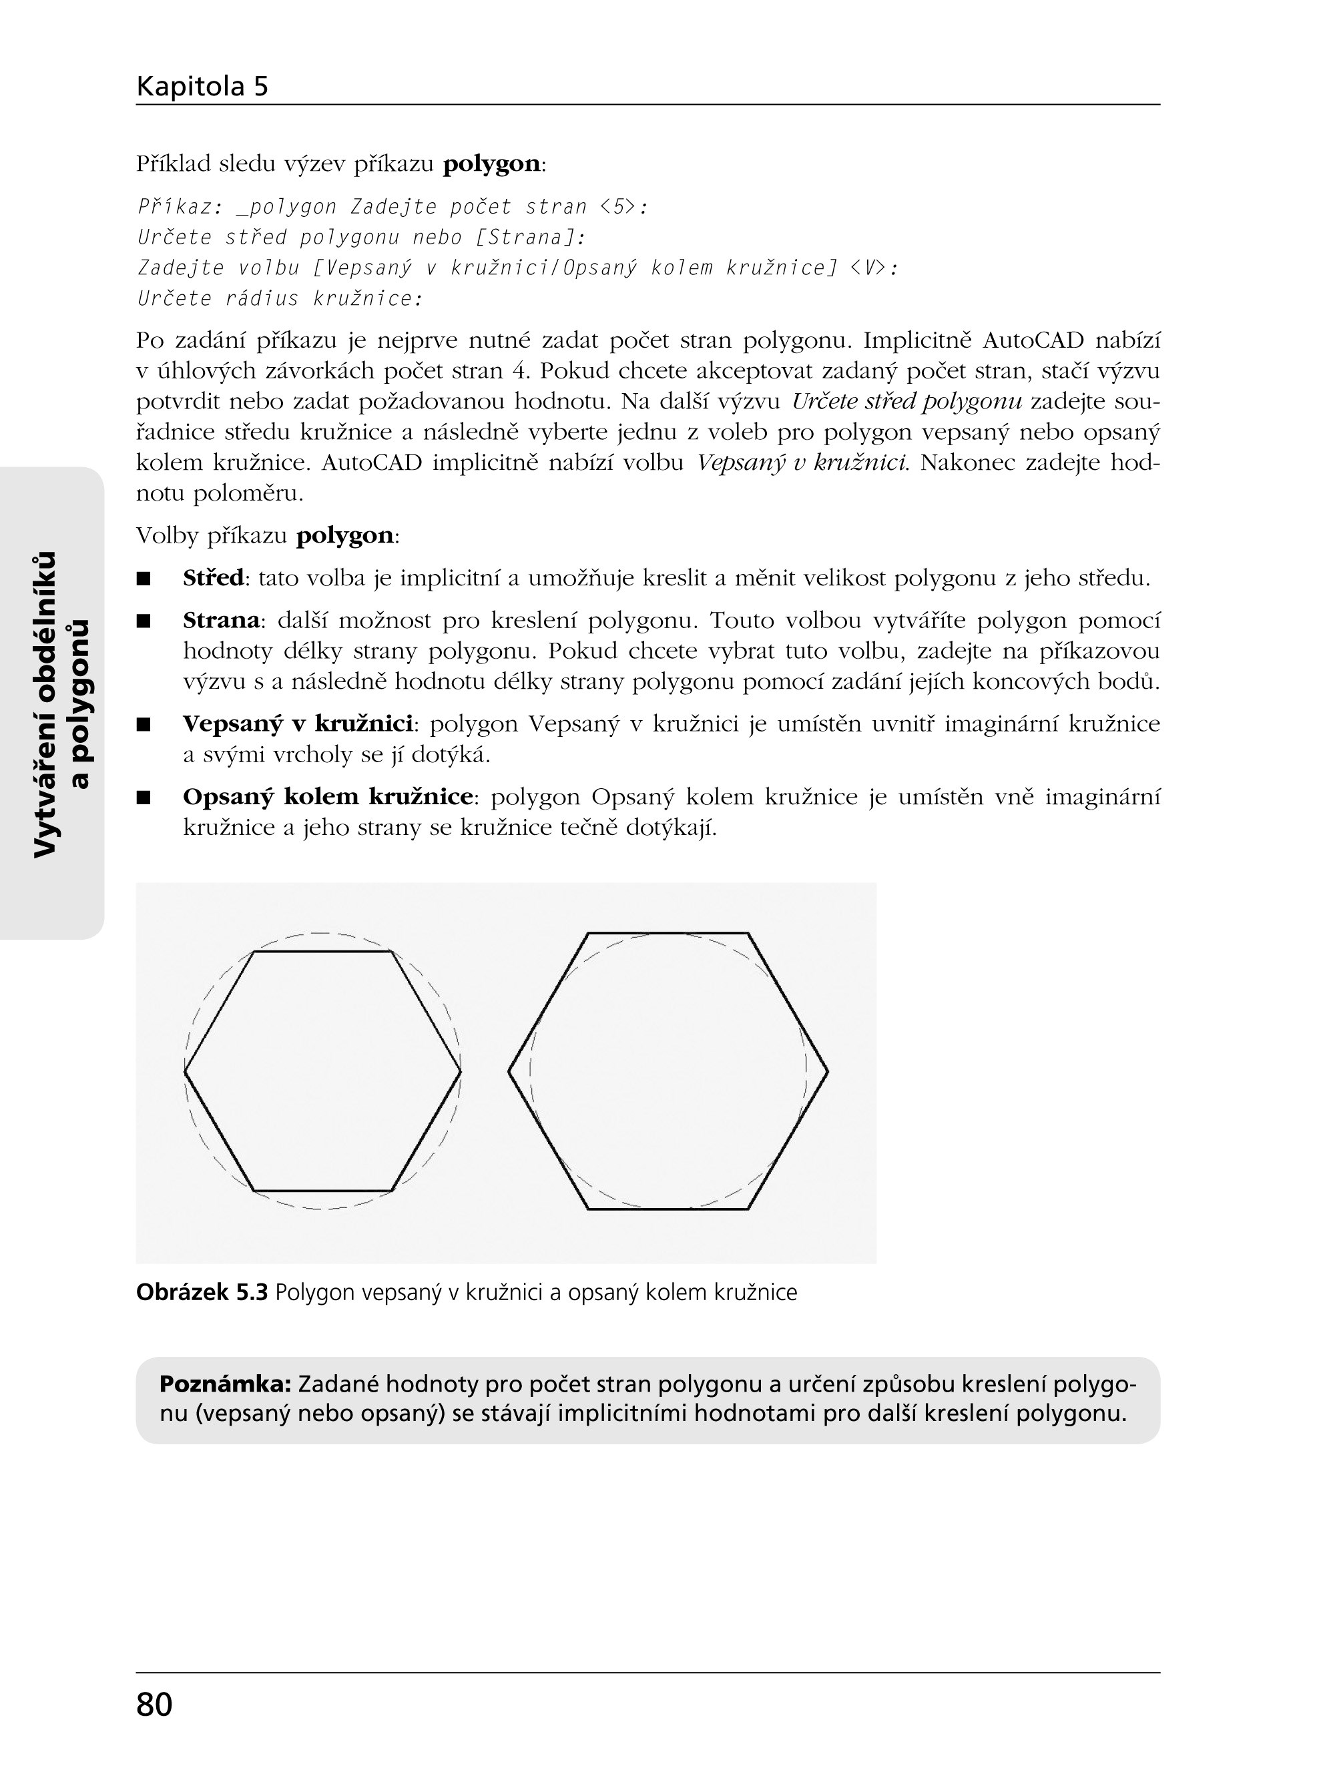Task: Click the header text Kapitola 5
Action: pos(202,86)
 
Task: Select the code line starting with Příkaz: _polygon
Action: pos(392,208)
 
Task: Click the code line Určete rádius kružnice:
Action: pos(280,298)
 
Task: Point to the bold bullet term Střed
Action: pos(213,577)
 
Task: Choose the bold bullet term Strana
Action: pos(221,619)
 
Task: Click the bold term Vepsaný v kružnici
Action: pos(297,723)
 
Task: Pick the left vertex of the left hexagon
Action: pos(186,1071)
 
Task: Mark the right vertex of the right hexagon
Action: pos(828,1071)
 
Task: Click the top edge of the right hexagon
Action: pos(668,932)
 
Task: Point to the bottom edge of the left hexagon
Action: pos(323,1191)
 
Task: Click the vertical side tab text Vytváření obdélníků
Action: pos(46,704)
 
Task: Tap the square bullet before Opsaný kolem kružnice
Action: pos(144,798)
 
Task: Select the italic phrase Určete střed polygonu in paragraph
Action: pos(906,402)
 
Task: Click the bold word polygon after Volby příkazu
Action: pos(344,535)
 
